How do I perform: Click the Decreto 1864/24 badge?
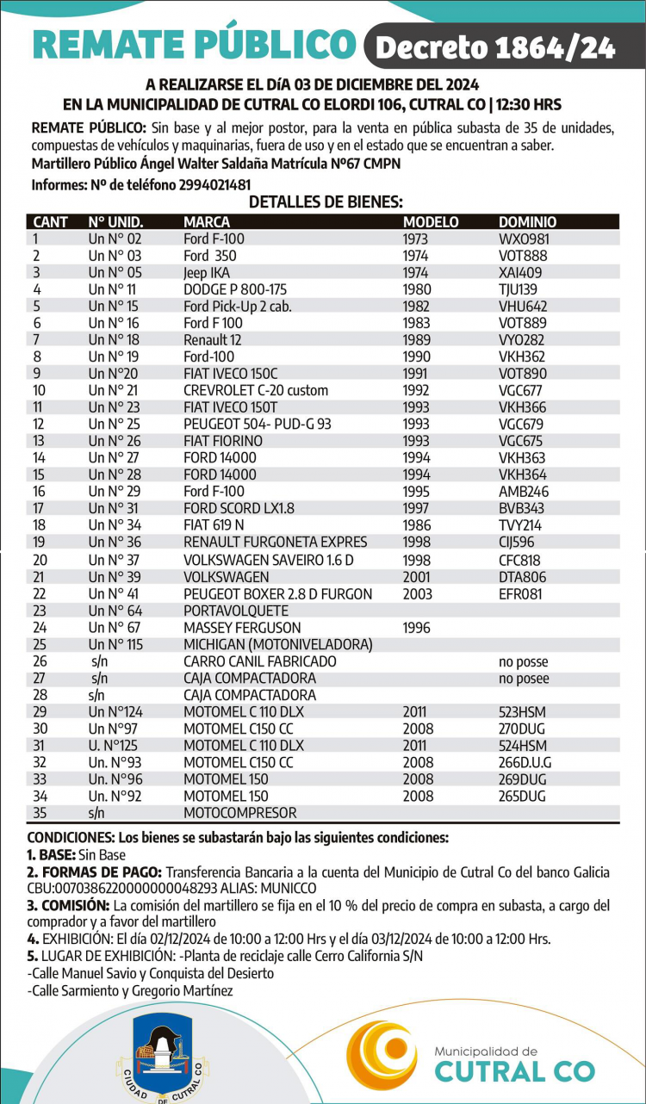[496, 47]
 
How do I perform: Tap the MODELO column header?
[431, 222]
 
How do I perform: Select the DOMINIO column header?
[527, 222]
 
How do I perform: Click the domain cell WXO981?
[524, 239]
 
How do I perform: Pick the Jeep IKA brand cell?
[208, 272]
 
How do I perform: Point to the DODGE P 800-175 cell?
[235, 289]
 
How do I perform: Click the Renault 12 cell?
[212, 339]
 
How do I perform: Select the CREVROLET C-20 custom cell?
[256, 390]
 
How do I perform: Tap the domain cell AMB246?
[523, 491]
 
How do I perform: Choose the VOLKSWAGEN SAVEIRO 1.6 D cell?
[270, 560]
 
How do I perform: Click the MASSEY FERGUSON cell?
[242, 627]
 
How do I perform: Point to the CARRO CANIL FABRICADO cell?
[259, 661]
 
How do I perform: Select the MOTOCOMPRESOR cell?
[239, 812]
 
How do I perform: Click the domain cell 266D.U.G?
[525, 762]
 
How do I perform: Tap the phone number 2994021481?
[214, 185]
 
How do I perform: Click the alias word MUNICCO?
[286, 888]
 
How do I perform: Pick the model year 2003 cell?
[418, 593]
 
